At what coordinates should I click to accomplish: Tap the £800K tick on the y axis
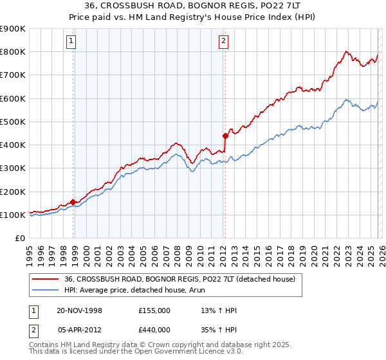[x=13, y=51]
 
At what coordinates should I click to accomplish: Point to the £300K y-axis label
[x=13, y=168]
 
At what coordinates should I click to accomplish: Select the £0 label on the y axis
[x=19, y=239]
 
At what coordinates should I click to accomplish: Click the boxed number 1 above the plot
[x=71, y=42]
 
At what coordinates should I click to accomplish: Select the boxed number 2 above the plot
[x=223, y=42]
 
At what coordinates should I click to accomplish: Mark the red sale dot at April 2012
[x=225, y=136]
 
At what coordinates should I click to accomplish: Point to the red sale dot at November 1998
[x=73, y=202]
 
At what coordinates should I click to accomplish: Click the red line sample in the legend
[x=46, y=279]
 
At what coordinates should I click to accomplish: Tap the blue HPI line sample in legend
[x=46, y=291]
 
